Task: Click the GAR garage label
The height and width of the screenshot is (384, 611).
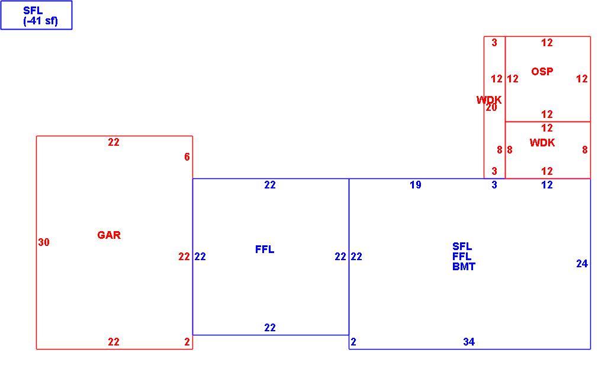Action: [x=109, y=235]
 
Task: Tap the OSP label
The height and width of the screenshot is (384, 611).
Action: [x=542, y=72]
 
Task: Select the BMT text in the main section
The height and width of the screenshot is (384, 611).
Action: [x=464, y=267]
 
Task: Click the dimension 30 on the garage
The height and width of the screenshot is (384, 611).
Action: [x=44, y=242]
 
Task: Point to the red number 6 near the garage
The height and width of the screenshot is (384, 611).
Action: [x=187, y=156]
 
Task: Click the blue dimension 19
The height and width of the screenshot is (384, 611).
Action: [x=416, y=185]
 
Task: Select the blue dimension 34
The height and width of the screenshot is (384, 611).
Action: [x=469, y=342]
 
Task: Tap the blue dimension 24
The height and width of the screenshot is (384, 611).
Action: [x=582, y=264]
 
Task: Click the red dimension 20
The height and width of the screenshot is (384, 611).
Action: [x=491, y=108]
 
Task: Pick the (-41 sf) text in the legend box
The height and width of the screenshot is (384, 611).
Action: [x=40, y=21]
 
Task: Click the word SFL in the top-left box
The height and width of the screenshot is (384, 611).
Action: [x=33, y=11]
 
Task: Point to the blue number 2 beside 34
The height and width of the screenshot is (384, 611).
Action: [x=353, y=342]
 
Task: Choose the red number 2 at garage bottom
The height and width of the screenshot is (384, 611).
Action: [x=187, y=342]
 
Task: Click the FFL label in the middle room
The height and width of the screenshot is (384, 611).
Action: [x=265, y=249]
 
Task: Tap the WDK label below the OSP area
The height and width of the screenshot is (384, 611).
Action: [x=542, y=143]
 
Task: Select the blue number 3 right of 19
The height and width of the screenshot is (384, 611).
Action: [x=494, y=185]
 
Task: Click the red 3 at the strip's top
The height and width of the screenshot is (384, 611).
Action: [x=494, y=43]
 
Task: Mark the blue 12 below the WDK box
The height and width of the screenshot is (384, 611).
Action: [x=547, y=185]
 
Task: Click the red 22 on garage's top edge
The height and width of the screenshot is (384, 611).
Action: [x=114, y=142]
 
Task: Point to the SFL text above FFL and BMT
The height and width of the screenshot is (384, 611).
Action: [x=462, y=247]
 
